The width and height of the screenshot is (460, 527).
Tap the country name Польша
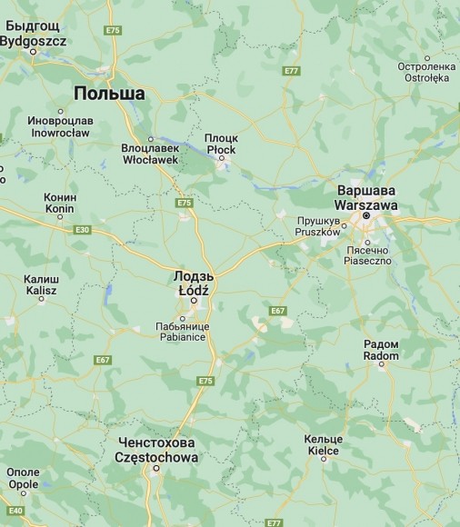109,94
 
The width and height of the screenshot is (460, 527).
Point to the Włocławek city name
150,154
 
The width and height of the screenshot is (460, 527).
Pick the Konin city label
60,203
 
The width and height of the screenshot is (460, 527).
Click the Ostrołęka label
425,73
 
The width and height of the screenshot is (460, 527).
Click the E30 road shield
82,230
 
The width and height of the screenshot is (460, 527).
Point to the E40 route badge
16,511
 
